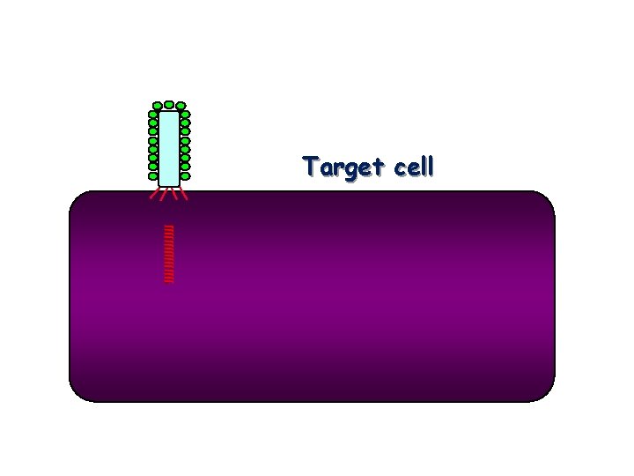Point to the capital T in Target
point(310,166)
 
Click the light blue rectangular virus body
point(169,148)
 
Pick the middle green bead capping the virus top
point(168,105)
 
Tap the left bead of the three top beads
point(157,107)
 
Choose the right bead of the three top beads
point(181,107)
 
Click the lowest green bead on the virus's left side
point(153,175)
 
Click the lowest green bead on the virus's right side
point(185,175)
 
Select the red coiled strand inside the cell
point(168,254)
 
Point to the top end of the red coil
point(168,227)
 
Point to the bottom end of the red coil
point(168,281)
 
